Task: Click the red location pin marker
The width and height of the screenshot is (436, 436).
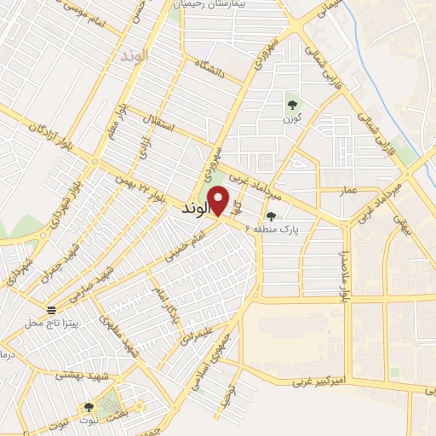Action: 219,201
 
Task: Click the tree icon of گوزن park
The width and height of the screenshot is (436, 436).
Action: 293,106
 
